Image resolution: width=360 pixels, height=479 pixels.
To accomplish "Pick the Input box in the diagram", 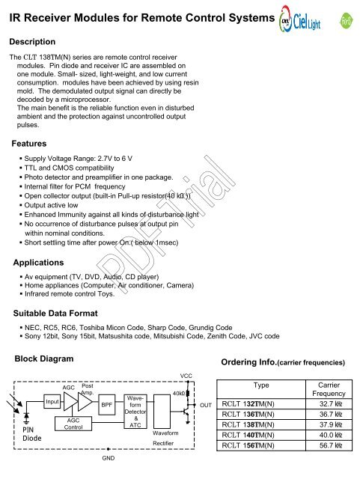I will (52, 401).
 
